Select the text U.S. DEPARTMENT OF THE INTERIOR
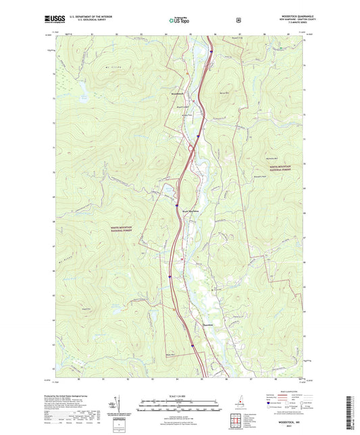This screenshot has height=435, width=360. (84, 18)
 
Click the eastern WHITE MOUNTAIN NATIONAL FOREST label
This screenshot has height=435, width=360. (286, 166)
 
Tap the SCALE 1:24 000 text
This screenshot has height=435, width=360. (179, 396)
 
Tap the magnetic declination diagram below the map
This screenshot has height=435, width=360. (122, 404)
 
